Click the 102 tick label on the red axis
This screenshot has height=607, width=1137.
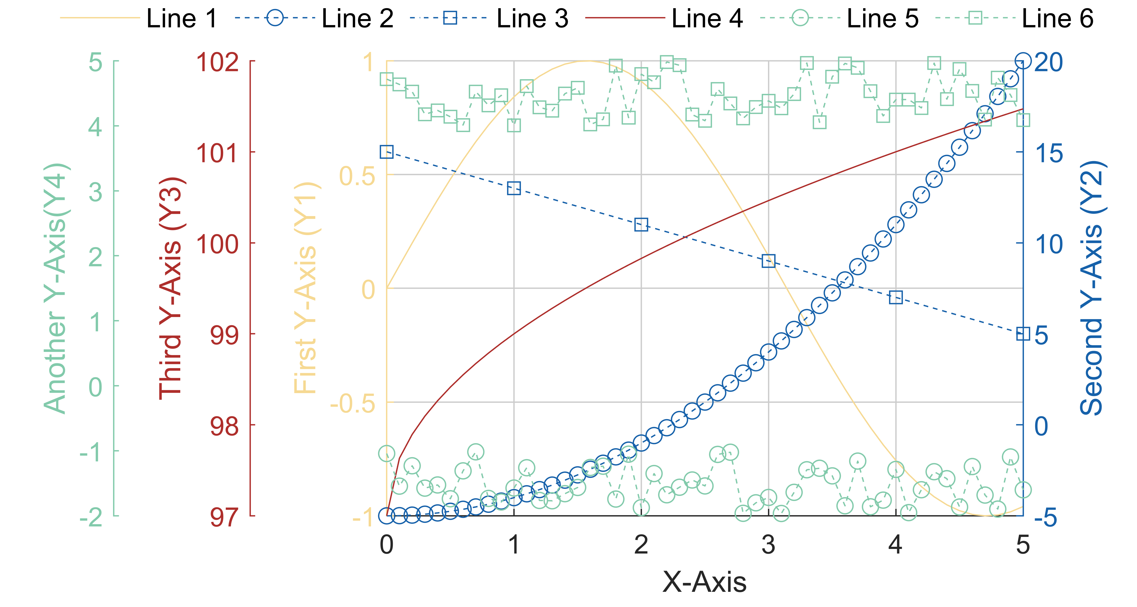(x=218, y=62)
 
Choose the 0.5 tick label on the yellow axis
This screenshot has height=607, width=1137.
(x=357, y=176)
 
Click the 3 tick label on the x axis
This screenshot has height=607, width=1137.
(x=769, y=545)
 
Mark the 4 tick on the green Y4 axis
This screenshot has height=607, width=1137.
(x=95, y=127)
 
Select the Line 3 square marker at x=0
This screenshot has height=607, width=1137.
(x=387, y=152)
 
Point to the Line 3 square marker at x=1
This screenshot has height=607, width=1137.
(x=514, y=188)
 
